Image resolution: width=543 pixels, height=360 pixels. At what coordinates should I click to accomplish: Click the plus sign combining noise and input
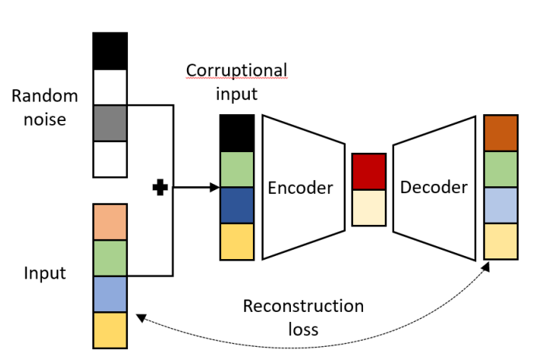click(x=161, y=187)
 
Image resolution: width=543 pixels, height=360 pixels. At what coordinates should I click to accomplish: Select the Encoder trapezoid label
click(x=299, y=188)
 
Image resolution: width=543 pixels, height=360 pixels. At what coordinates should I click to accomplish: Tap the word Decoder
click(x=434, y=187)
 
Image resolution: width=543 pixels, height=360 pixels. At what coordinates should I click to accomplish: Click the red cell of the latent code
click(x=369, y=171)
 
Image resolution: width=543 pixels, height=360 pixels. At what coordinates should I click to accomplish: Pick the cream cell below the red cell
click(x=369, y=207)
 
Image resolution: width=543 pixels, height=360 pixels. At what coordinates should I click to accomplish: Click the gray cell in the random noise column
click(x=109, y=123)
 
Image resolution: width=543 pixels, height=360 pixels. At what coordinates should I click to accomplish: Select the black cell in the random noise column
click(x=109, y=50)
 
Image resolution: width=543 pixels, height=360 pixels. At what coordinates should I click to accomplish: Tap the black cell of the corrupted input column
click(x=237, y=133)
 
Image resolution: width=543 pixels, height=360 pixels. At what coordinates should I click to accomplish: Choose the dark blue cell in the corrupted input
click(x=237, y=205)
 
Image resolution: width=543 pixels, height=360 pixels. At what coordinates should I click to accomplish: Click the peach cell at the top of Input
click(x=109, y=222)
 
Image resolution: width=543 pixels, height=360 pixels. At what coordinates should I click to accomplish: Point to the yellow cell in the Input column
click(x=109, y=330)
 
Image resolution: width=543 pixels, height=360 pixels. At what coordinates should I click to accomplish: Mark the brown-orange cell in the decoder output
click(x=500, y=133)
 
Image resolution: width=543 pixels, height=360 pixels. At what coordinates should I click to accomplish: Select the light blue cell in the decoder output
click(x=500, y=205)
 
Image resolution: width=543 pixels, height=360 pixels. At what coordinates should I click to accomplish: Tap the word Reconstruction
click(x=303, y=306)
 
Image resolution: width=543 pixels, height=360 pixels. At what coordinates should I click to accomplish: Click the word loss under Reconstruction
click(x=302, y=329)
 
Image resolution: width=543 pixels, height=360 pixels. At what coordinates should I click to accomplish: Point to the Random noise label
click(x=45, y=108)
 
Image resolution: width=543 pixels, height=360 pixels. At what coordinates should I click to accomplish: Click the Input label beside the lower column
click(x=44, y=273)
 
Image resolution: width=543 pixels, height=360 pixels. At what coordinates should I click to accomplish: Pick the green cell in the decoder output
click(x=500, y=169)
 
